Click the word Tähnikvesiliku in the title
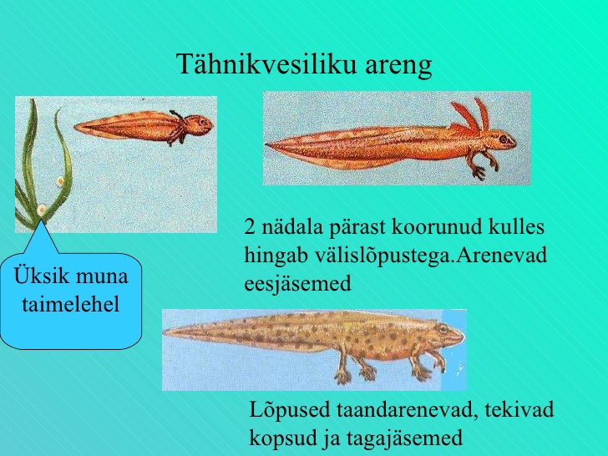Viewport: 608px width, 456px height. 266,64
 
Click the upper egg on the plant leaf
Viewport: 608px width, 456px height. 60,180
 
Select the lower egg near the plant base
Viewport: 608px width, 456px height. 41,210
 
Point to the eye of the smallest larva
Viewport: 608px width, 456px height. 203,122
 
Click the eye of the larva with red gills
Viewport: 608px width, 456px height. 504,139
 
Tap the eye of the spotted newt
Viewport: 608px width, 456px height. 443,329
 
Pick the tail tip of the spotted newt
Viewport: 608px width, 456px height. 164,332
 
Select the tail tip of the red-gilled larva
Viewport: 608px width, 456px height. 266,144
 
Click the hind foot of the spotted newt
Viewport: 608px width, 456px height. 342,376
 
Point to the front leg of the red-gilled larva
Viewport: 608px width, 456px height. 479,165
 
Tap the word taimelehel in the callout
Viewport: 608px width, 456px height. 70,304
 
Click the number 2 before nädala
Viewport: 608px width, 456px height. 250,227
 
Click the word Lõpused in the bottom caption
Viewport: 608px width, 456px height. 290,409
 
